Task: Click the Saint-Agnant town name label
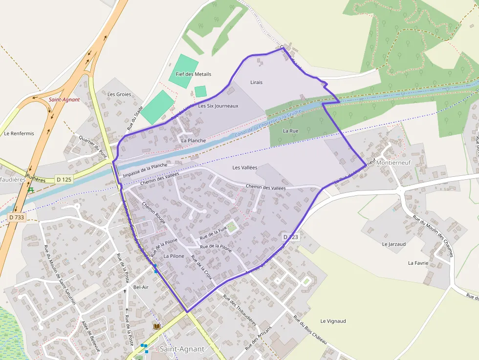coord(182,349)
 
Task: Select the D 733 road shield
coord(17,216)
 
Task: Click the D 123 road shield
coord(290,236)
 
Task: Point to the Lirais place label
coord(256,82)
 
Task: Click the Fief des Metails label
coord(193,74)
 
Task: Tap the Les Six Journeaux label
coord(218,106)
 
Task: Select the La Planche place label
coord(193,140)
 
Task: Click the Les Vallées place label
coord(244,168)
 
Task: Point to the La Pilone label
coord(174,256)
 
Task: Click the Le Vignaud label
coord(333,321)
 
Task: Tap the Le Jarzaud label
coord(394,244)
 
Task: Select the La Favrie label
coord(418,263)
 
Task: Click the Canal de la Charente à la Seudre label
coord(267,123)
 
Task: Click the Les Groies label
coord(119,94)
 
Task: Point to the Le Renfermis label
coord(19,133)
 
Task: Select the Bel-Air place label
coord(141,287)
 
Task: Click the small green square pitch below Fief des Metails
coord(200,91)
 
